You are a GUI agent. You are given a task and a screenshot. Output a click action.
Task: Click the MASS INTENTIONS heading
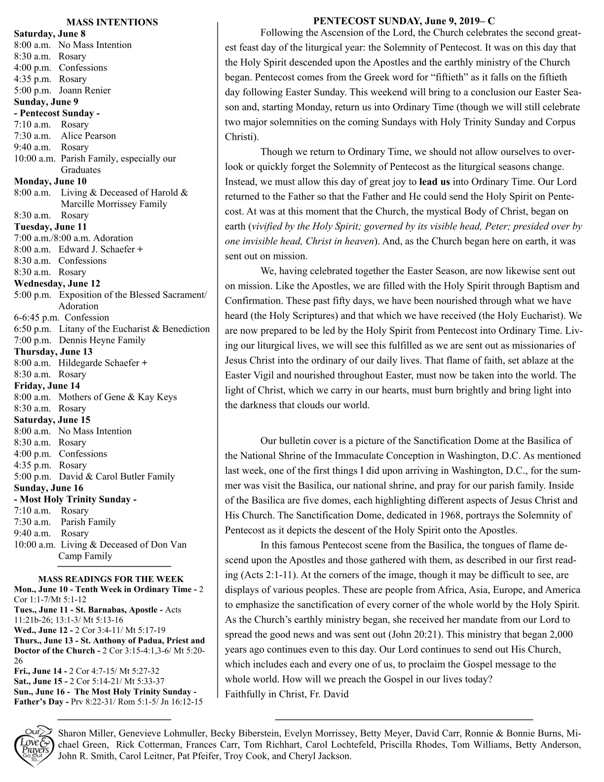(112, 22)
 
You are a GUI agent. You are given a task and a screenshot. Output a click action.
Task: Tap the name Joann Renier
(85, 90)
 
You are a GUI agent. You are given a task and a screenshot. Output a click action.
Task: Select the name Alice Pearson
(88, 136)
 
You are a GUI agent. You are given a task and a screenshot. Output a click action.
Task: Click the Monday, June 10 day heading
(50, 181)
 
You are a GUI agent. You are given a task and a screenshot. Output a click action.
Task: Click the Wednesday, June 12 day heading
(57, 283)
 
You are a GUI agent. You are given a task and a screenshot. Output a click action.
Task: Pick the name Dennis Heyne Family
(102, 340)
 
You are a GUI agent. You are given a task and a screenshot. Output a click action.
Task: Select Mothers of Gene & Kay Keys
(117, 397)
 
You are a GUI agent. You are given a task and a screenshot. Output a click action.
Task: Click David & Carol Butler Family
(117, 476)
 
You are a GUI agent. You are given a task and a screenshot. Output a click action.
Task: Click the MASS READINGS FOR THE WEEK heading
(111, 579)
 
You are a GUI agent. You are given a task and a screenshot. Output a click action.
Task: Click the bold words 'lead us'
(434, 182)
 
